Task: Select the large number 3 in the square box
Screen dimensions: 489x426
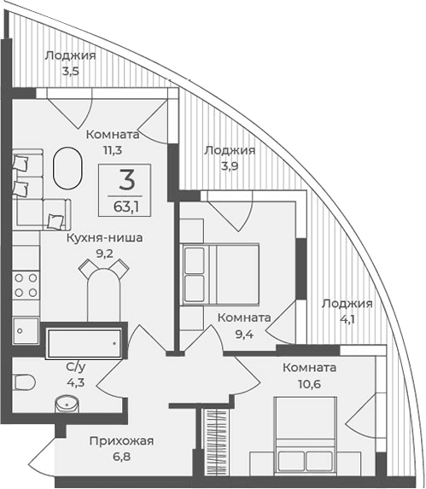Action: (x=126, y=180)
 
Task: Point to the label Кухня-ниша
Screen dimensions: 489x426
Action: (x=104, y=238)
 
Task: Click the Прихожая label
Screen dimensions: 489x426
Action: (x=121, y=440)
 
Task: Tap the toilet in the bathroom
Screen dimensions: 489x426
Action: (x=25, y=380)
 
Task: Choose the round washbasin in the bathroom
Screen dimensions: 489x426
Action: (x=67, y=405)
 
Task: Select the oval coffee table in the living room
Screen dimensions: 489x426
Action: (x=65, y=167)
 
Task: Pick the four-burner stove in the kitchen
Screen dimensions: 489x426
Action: (x=26, y=283)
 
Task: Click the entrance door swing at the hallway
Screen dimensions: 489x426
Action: (x=41, y=457)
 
